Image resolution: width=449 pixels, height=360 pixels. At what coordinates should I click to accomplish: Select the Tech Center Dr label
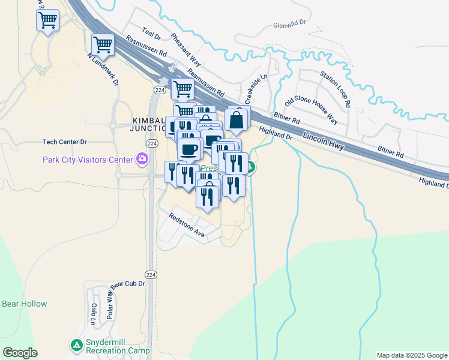pyautogui.click(x=65, y=142)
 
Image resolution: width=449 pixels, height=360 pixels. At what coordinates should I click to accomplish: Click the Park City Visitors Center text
pyautogui.click(x=87, y=160)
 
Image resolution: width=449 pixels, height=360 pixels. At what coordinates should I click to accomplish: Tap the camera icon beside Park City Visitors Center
pyautogui.click(x=142, y=159)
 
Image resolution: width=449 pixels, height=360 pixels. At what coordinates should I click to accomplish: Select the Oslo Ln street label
pyautogui.click(x=94, y=313)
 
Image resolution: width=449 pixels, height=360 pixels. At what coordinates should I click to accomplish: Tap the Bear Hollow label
pyautogui.click(x=25, y=304)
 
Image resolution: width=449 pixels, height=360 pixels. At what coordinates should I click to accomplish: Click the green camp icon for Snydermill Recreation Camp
pyautogui.click(x=76, y=345)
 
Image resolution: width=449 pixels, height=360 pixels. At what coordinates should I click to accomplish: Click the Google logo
pyautogui.click(x=20, y=353)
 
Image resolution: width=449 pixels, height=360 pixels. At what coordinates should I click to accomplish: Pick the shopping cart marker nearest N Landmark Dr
pyautogui.click(x=103, y=44)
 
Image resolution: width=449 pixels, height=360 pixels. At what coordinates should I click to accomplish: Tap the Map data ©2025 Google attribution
pyautogui.click(x=412, y=355)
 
